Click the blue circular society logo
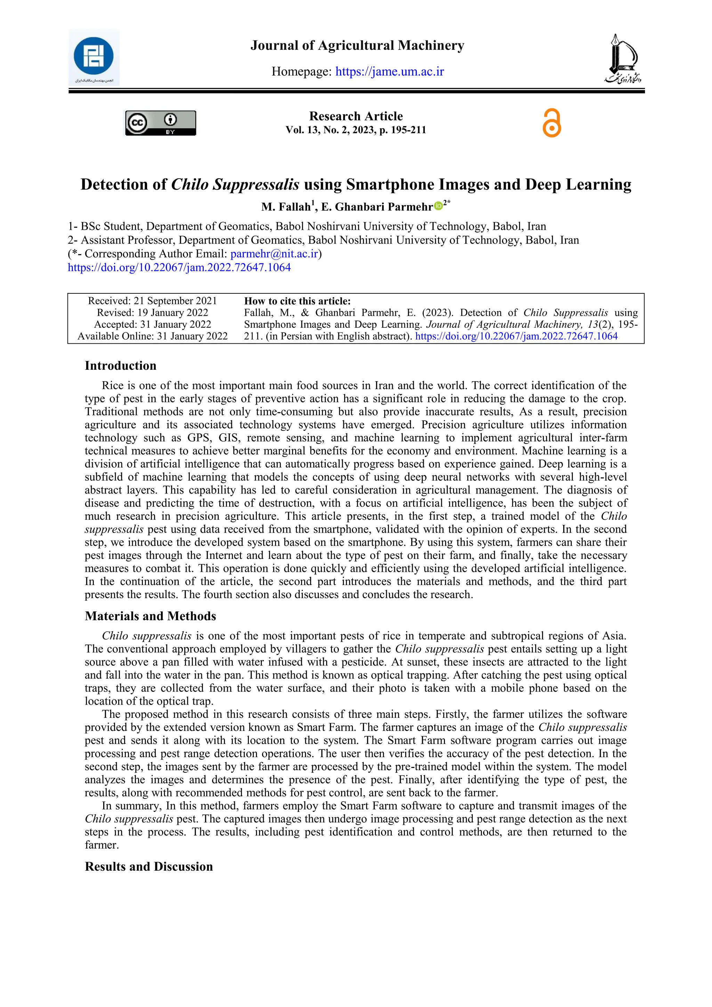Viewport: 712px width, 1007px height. (x=94, y=56)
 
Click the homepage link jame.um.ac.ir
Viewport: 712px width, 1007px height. (x=390, y=72)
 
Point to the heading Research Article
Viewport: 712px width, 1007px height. (x=356, y=116)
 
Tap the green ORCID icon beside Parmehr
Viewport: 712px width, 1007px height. (x=438, y=206)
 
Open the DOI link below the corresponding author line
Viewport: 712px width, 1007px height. (x=179, y=268)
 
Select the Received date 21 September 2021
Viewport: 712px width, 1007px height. (x=152, y=301)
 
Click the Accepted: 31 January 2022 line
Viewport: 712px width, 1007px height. (x=152, y=325)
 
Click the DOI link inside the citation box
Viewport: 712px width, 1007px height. (x=516, y=336)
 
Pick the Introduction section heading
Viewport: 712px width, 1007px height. (x=121, y=366)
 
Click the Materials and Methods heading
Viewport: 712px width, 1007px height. (x=151, y=616)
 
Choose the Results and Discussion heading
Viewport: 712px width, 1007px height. (x=149, y=867)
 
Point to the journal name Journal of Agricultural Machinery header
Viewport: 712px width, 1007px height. (x=357, y=46)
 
